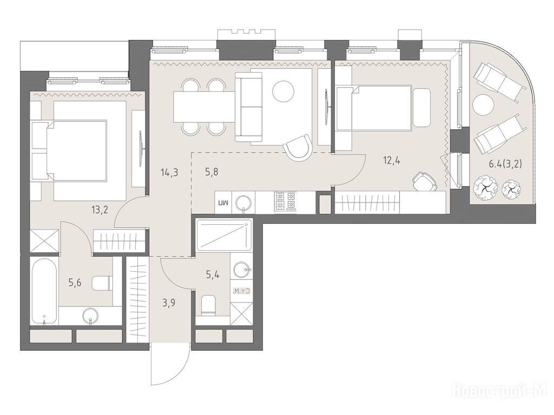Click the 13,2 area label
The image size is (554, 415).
click(100, 210)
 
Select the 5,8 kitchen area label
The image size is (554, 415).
click(212, 172)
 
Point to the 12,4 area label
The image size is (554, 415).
click(392, 161)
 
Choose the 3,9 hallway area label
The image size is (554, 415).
click(169, 303)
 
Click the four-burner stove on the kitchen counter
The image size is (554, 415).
click(285, 202)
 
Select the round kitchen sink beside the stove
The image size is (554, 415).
click(243, 203)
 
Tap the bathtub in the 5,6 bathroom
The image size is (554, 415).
click(44, 292)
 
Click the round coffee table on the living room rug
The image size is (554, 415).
click(283, 91)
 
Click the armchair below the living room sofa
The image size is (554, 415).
click(299, 148)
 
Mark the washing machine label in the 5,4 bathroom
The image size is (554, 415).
click(242, 291)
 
